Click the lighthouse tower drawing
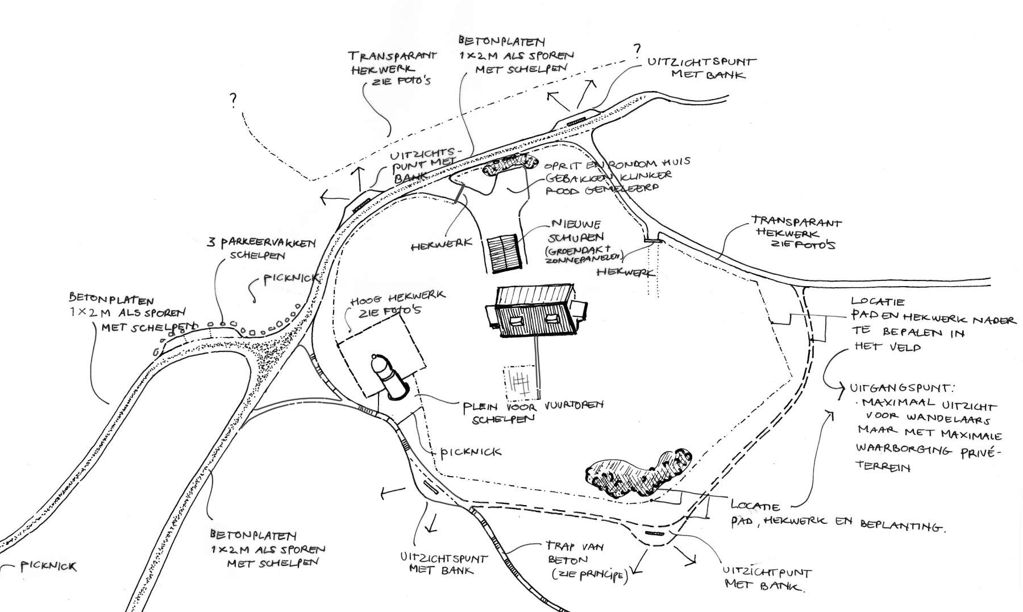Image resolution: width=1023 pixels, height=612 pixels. pos(390,377)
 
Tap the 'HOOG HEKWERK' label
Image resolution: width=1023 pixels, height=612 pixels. pos(398,297)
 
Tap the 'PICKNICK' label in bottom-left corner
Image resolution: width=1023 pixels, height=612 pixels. pos(48,566)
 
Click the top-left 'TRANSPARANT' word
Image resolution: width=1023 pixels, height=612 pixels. pos(392,56)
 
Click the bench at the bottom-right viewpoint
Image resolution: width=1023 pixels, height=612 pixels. pos(655,534)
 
